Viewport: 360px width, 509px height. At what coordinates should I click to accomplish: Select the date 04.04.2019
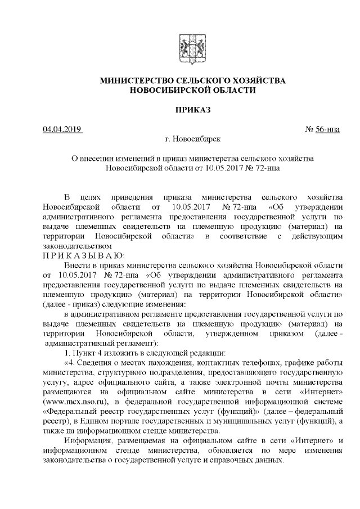pyautogui.click(x=62, y=129)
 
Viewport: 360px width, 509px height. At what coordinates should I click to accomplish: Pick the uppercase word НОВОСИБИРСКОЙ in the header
pyautogui.click(x=171, y=90)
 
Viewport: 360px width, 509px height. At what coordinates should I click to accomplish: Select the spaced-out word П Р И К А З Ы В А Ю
pyautogui.click(x=86, y=255)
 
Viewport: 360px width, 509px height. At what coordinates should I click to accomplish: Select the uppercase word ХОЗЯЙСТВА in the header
pyautogui.click(x=258, y=81)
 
